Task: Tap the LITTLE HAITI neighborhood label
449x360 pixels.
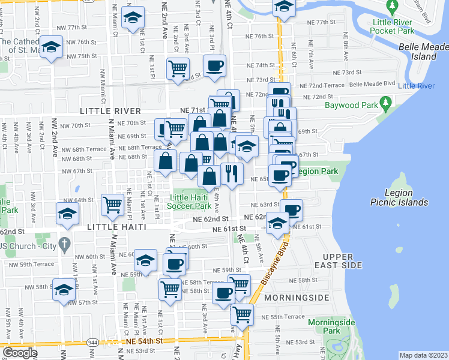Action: point(115,227)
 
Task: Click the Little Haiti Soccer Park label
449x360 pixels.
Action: point(193,202)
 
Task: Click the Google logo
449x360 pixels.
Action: point(20,353)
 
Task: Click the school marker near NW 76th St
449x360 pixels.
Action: point(52,47)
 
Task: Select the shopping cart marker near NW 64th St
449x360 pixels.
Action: point(112,205)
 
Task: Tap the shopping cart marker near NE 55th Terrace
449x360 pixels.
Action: point(242,313)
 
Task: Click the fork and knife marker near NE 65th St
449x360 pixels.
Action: point(232,173)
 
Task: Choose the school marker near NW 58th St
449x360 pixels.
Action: point(64,289)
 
